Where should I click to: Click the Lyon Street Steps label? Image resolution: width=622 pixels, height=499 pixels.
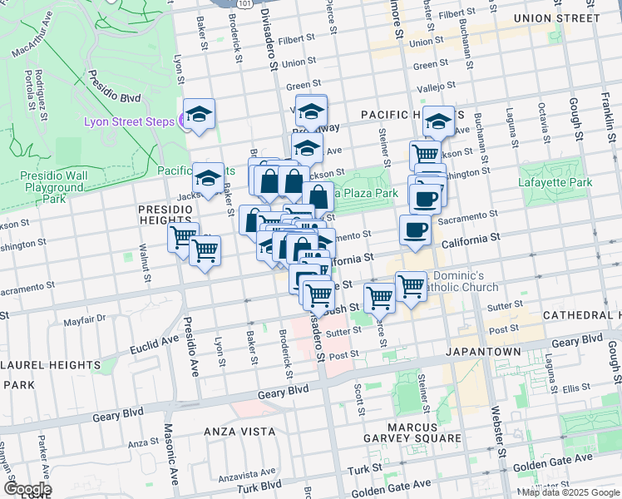128,121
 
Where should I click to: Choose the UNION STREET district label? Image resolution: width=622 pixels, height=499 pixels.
556,17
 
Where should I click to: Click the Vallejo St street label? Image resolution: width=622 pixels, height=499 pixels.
437,87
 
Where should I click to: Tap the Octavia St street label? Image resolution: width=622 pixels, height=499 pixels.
543,121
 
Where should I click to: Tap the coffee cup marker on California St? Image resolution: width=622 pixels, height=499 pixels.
415,229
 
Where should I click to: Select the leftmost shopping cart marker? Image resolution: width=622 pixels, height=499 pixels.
183,237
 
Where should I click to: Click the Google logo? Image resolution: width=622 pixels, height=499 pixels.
27,489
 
